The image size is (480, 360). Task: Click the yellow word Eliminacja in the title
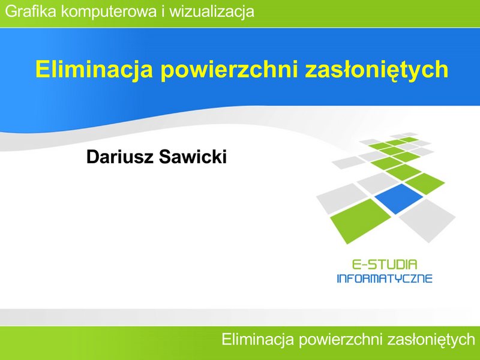click(x=94, y=70)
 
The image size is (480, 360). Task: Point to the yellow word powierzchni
click(x=229, y=70)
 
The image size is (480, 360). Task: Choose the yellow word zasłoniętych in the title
click(x=377, y=70)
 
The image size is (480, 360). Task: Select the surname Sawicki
click(x=193, y=157)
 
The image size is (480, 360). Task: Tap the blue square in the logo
click(x=398, y=199)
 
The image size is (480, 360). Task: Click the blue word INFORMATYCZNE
click(x=385, y=278)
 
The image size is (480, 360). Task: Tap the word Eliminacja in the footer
click(x=258, y=340)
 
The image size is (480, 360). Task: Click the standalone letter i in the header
click(x=163, y=11)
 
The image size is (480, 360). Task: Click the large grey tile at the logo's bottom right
click(x=427, y=220)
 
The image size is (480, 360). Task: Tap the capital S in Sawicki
click(x=164, y=157)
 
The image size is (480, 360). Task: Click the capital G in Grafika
click(x=11, y=11)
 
